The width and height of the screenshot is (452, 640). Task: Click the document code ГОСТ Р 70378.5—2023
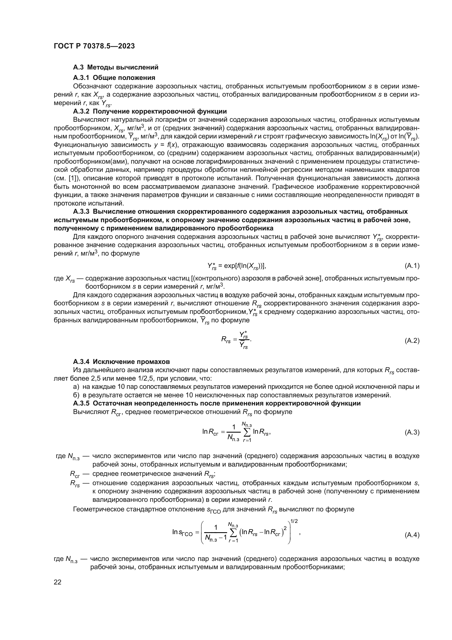tap(94, 46)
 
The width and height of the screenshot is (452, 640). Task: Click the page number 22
tap(57, 582)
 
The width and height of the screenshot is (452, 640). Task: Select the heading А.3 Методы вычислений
tap(116, 67)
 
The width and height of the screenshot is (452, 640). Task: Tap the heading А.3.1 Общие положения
tap(114, 77)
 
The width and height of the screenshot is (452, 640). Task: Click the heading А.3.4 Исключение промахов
tap(121, 362)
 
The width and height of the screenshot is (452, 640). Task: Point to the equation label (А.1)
tap(412, 266)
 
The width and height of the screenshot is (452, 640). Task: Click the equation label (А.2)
tap(412, 341)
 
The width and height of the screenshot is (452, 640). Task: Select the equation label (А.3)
tap(412, 433)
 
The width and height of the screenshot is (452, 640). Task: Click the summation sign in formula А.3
tap(247, 432)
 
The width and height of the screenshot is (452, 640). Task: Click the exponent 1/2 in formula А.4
tap(294, 521)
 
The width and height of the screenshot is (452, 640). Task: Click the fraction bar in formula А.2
tap(244, 340)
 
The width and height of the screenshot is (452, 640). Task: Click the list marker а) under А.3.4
tap(76, 387)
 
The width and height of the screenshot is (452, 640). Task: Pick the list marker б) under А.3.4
tap(76, 395)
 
